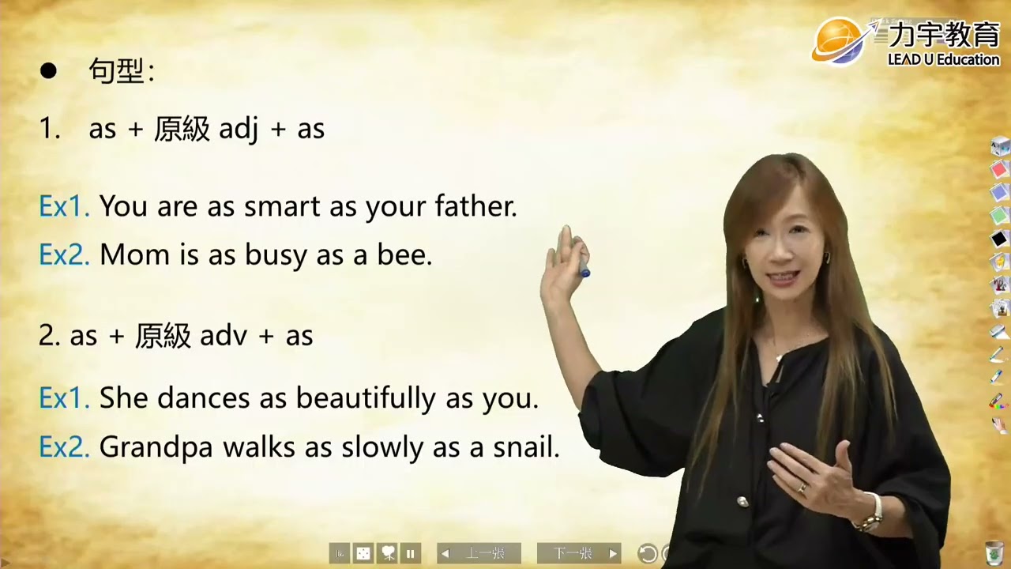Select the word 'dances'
[x=204, y=398]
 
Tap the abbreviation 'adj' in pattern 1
[x=239, y=130]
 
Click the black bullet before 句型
[x=49, y=71]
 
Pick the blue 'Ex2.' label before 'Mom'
[x=64, y=255]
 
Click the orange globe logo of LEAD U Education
[x=839, y=41]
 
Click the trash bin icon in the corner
[x=994, y=551]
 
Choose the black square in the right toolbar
[x=999, y=238]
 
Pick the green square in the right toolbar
[x=999, y=215]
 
